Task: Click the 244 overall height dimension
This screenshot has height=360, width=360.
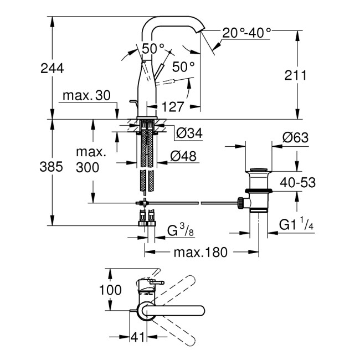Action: pos(52,68)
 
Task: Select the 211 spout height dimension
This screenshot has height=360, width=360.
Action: pos(296,75)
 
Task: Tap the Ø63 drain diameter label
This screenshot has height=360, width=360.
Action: pos(296,137)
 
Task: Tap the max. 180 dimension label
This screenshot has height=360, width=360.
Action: pos(200,253)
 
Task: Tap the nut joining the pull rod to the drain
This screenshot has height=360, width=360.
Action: pos(241,203)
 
